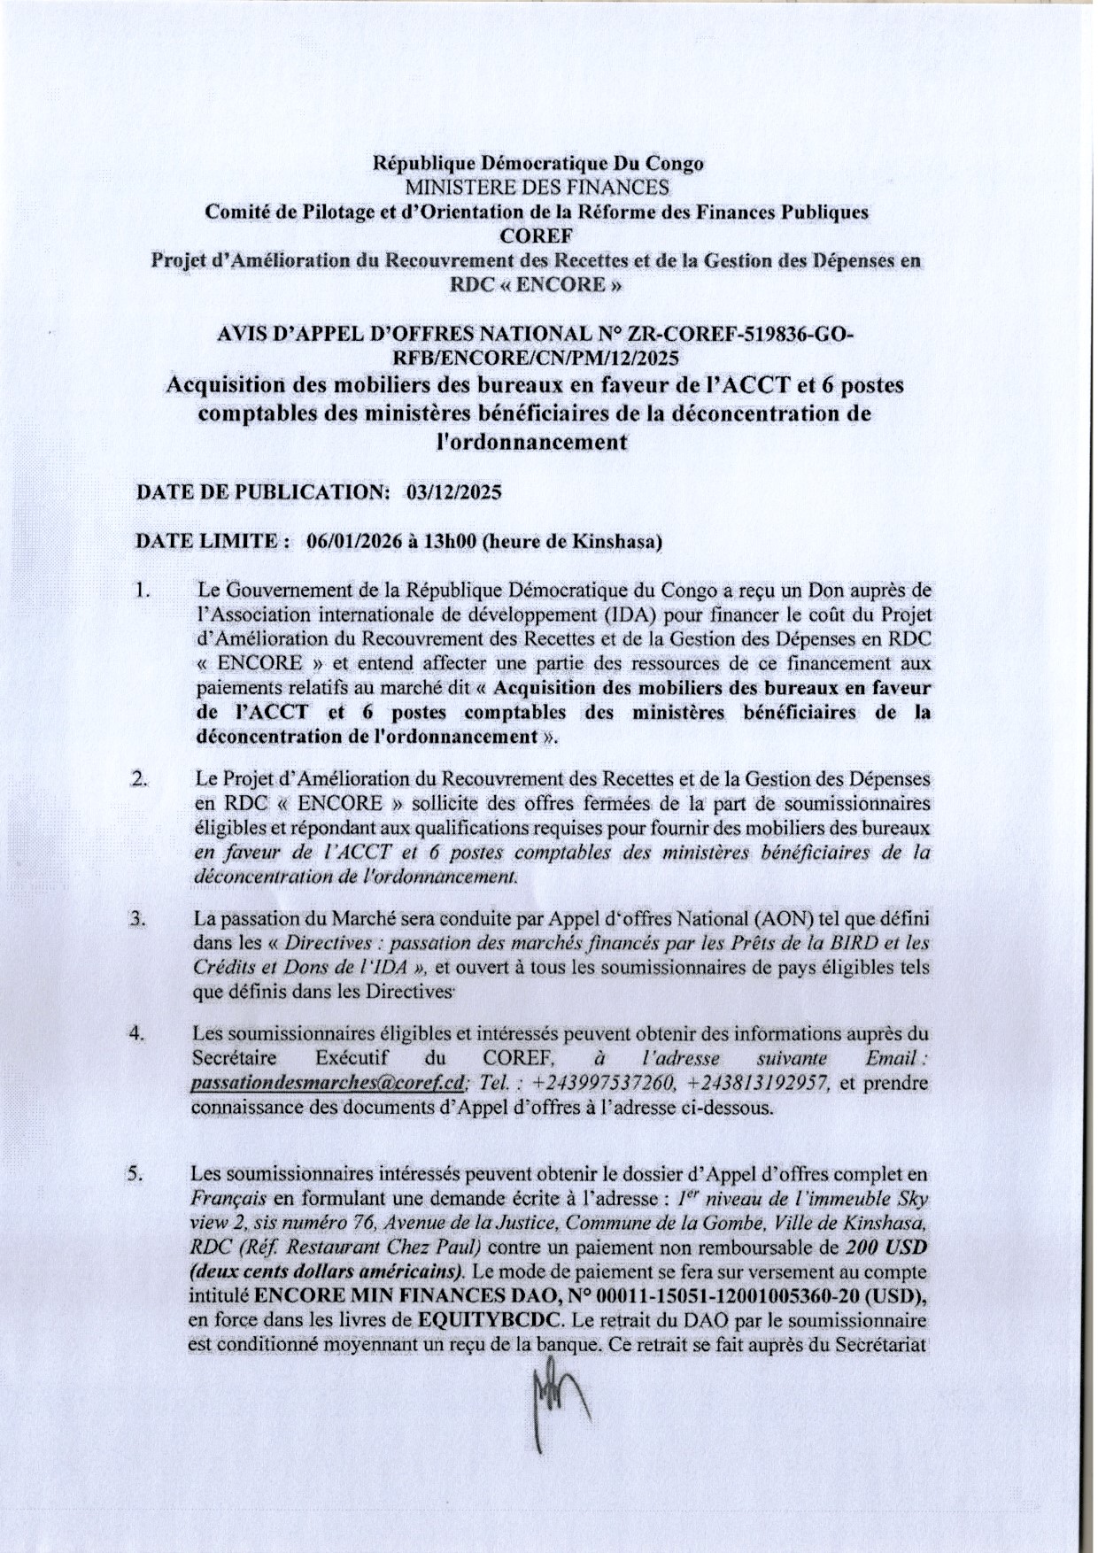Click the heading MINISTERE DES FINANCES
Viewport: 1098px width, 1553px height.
click(x=537, y=188)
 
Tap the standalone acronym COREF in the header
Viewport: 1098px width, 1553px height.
click(x=537, y=236)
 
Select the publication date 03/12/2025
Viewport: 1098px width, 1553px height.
click(x=452, y=493)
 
